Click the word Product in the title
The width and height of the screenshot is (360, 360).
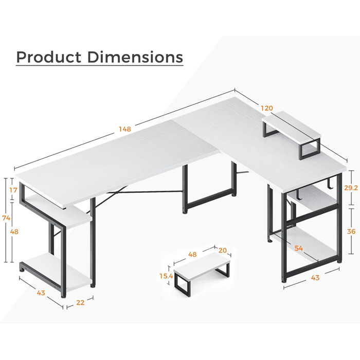(x=49, y=57)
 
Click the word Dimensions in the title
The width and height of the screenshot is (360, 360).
(x=135, y=57)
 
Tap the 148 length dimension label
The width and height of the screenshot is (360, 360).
(x=124, y=129)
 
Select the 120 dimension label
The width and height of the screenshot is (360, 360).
(x=267, y=108)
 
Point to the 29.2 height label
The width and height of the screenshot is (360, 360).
(x=351, y=188)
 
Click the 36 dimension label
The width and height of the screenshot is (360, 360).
(x=351, y=231)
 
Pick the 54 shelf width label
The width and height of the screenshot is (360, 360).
(x=299, y=248)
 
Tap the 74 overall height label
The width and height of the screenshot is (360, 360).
(x=6, y=218)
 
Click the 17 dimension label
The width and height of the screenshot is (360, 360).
(x=13, y=190)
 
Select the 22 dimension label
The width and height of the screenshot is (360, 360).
(x=80, y=302)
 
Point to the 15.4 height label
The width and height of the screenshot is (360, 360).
(x=166, y=276)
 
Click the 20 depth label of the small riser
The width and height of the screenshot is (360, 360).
(x=223, y=250)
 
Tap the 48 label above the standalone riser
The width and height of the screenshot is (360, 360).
(x=192, y=255)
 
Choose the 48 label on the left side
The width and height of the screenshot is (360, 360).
(x=14, y=231)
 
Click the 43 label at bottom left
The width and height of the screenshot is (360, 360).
(x=41, y=293)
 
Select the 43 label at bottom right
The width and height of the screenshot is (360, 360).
(x=315, y=278)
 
